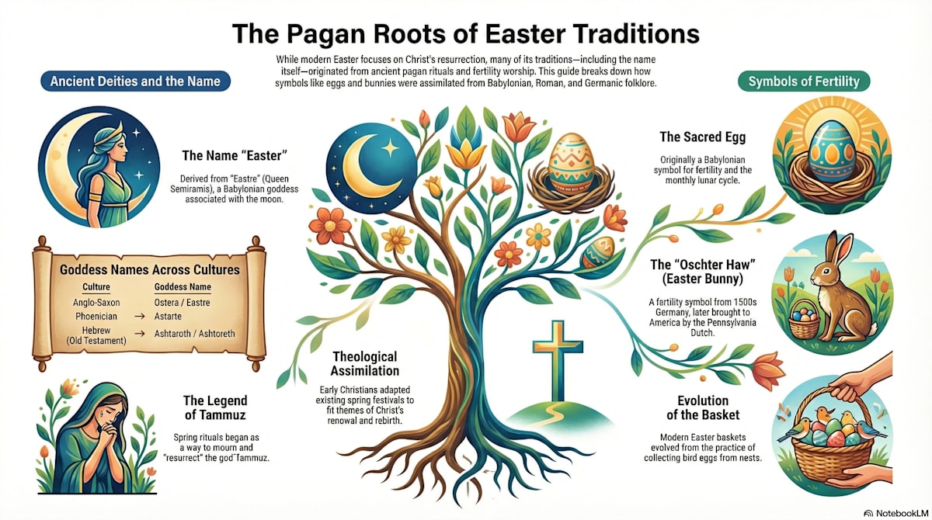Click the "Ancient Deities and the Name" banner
pos(135,81)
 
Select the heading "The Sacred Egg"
pos(702,137)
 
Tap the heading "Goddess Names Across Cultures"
pos(150,270)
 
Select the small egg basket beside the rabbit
pos(805,318)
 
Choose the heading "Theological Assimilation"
pos(364,363)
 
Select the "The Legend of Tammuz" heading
pos(215,408)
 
